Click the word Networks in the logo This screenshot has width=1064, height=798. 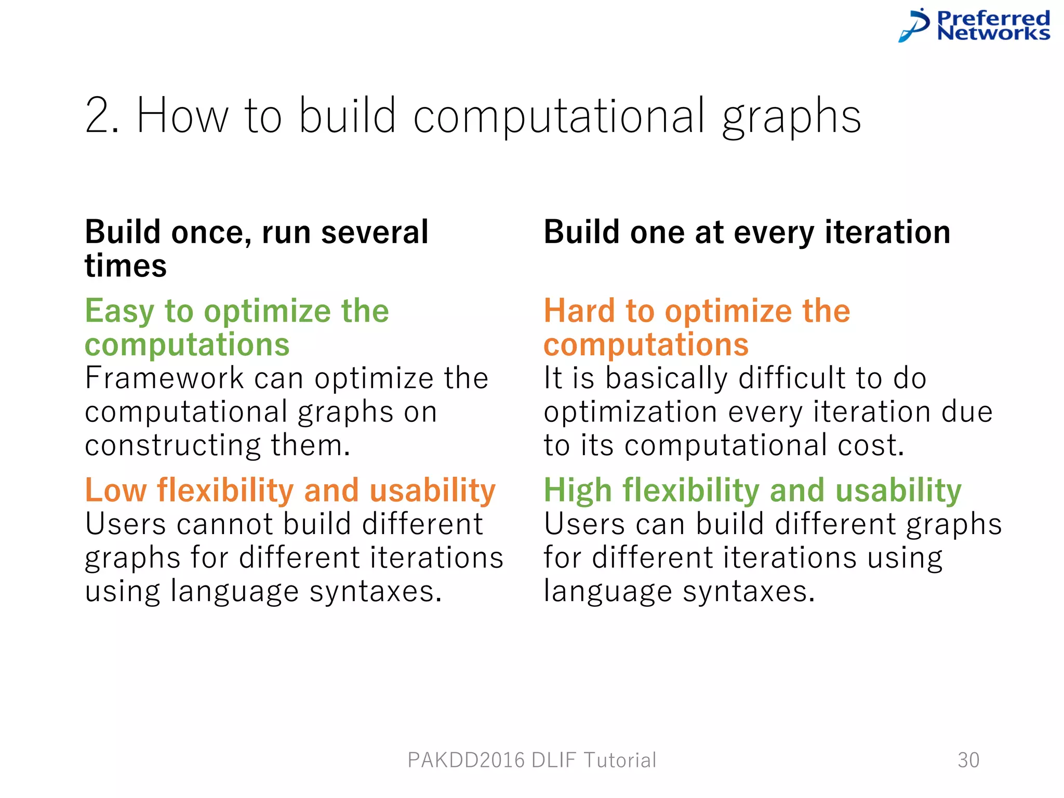(x=993, y=34)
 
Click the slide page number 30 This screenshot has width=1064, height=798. (x=968, y=760)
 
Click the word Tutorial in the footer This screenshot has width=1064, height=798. (x=620, y=760)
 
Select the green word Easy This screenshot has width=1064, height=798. (x=119, y=312)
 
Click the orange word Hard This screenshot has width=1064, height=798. (x=579, y=311)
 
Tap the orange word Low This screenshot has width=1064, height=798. (x=115, y=490)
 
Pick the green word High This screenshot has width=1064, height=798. (x=578, y=490)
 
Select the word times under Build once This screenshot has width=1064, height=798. (x=126, y=266)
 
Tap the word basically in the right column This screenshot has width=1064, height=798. (x=667, y=379)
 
